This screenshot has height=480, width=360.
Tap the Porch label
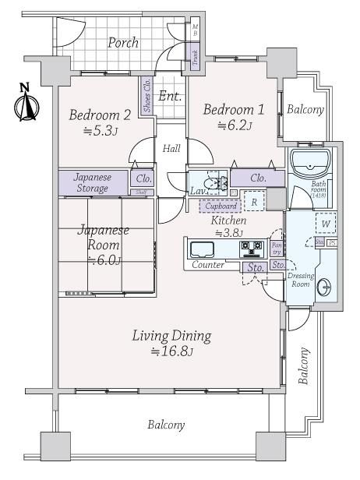tap(123, 43)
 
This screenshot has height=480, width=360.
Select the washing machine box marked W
tap(325, 224)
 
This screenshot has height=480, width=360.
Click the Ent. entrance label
tap(170, 97)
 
